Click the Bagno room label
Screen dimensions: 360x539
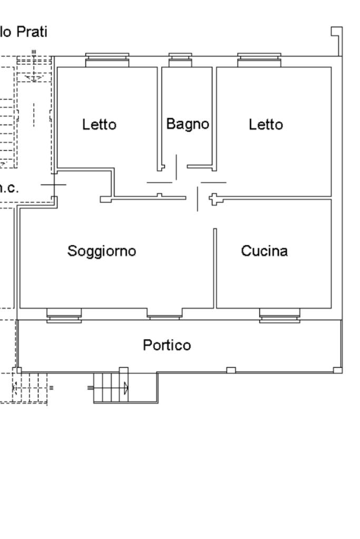pos(188,124)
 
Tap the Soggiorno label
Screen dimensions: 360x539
pos(102,251)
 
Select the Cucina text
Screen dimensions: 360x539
pos(265,251)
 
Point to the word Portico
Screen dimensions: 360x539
pos(167,345)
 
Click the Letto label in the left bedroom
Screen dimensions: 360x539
pos(99,125)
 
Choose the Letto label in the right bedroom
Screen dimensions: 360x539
pos(266,125)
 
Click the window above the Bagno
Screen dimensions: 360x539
pos(180,60)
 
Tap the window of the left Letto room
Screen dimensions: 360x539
pos(107,60)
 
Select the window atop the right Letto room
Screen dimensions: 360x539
pos(258,60)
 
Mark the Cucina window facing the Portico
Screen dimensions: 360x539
pos(279,316)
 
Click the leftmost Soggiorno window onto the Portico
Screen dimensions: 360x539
pos(64,315)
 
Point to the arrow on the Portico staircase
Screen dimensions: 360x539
pos(125,389)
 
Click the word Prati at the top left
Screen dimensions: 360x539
pos(32,32)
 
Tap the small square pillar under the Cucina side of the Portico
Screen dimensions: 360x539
pos(231,370)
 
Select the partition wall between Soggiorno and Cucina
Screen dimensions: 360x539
pos(215,268)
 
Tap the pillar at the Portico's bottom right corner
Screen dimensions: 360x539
pos(337,370)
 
